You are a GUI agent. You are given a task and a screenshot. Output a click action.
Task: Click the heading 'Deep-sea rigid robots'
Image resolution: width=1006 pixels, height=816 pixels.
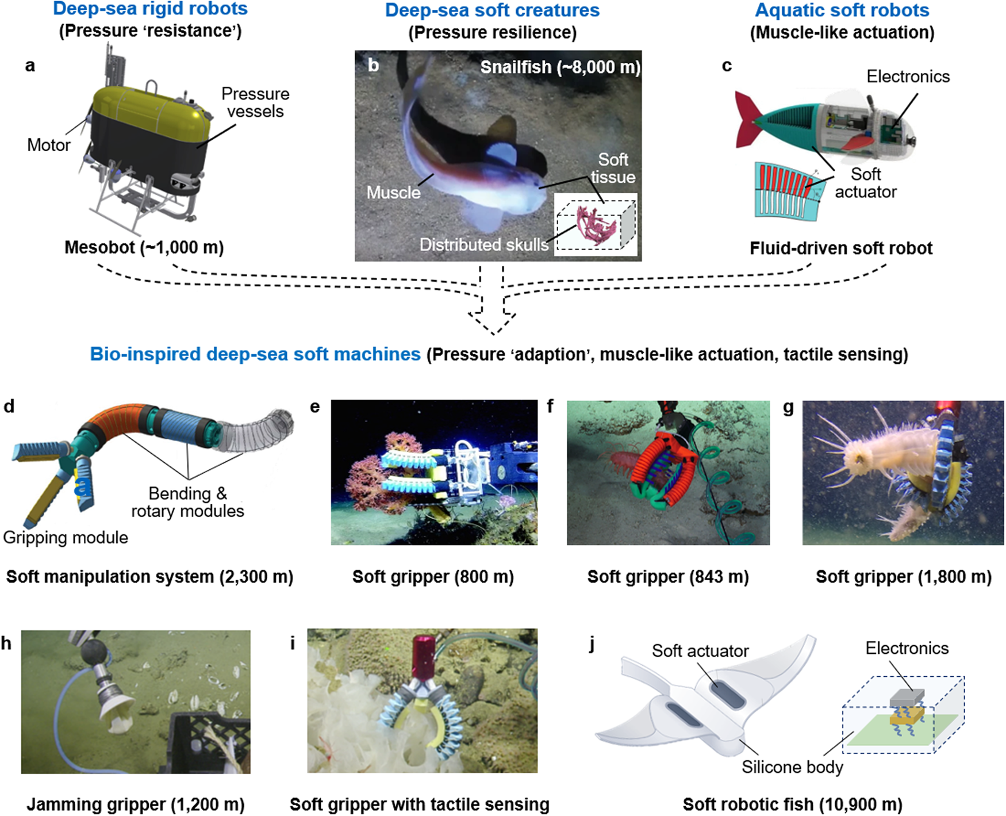(150, 9)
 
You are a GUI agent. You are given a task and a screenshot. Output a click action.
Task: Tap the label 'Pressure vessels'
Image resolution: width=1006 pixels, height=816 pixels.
(255, 102)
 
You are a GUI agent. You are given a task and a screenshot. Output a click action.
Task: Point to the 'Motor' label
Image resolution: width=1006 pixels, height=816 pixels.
(49, 145)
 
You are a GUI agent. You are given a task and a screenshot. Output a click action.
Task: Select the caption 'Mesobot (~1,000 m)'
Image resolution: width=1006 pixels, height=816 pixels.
(144, 247)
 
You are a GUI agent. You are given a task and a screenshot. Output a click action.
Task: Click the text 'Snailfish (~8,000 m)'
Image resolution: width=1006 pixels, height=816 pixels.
(560, 67)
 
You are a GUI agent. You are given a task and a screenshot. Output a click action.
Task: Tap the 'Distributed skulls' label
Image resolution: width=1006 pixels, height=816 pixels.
(484, 244)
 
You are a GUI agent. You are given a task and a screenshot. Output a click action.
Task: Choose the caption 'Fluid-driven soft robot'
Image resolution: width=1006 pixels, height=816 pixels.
(840, 248)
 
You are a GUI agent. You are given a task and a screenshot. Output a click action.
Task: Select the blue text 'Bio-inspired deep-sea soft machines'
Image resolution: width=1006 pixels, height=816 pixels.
(255, 354)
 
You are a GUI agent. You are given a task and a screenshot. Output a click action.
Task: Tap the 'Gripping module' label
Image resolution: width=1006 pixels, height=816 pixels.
(66, 538)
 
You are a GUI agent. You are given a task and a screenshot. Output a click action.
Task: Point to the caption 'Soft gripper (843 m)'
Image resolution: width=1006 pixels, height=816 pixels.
(667, 577)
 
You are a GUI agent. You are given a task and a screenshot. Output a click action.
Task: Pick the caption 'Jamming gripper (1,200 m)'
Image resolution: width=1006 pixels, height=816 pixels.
(136, 804)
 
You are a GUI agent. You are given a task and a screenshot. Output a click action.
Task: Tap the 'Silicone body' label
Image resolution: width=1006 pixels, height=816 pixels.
(792, 767)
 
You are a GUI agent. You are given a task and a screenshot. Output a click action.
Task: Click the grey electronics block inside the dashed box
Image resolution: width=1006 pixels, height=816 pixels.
(907, 698)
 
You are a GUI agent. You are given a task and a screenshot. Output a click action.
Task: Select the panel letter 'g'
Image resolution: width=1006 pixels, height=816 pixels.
(788, 408)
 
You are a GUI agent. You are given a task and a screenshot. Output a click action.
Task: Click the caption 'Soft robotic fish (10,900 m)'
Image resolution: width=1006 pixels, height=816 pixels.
(792, 804)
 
